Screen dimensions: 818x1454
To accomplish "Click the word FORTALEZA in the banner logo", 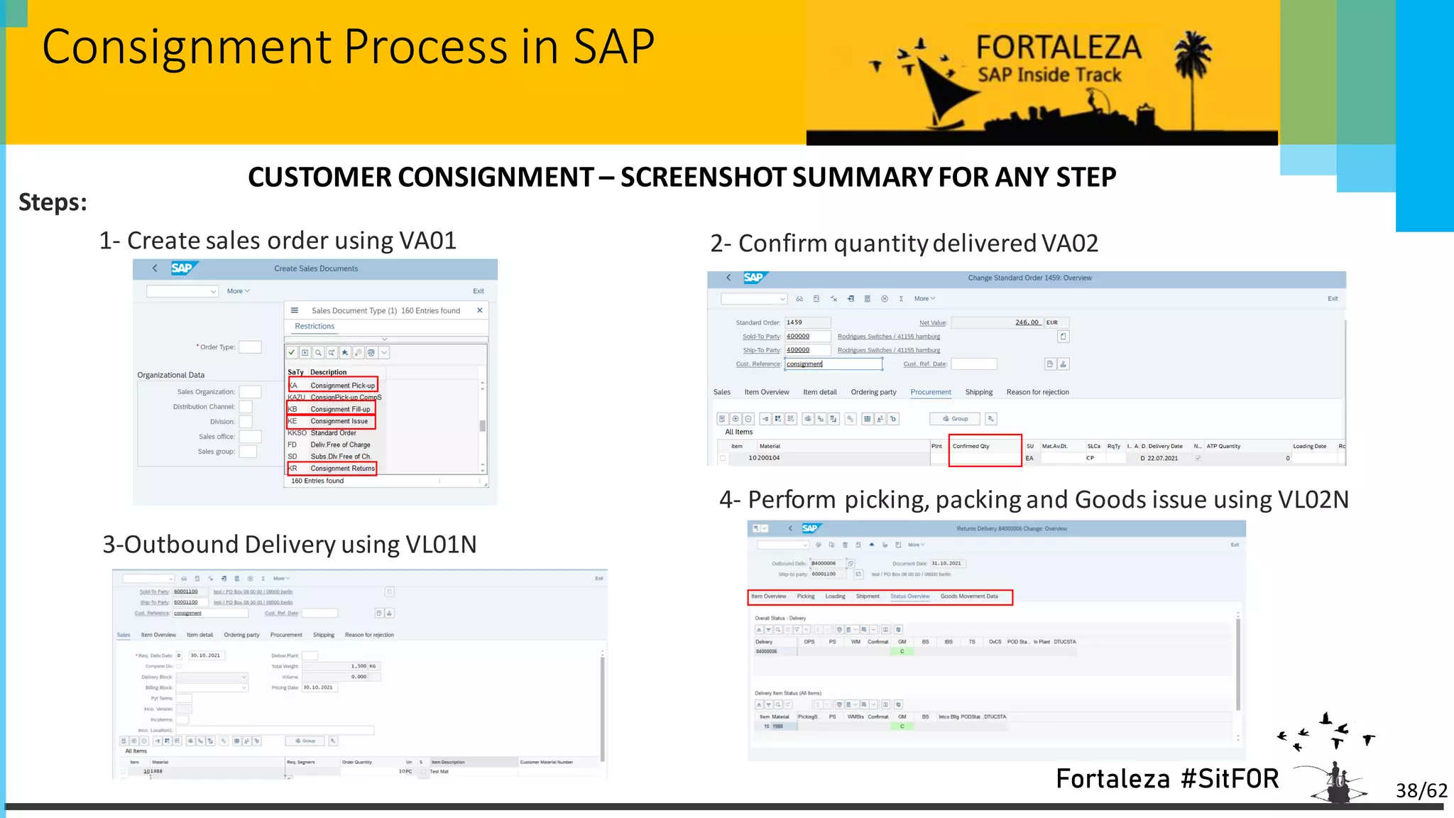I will [x=1058, y=48].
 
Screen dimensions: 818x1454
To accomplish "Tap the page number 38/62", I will [x=1421, y=790].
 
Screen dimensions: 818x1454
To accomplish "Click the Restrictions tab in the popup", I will [x=315, y=327].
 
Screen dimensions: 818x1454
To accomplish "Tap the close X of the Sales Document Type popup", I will [x=480, y=310].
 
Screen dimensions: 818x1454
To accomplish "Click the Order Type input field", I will [x=250, y=347].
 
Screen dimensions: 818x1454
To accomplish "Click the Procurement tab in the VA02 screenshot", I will [x=931, y=392].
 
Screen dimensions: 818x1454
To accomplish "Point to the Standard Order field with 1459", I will [x=807, y=322].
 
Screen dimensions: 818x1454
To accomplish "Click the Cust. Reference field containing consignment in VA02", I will [x=833, y=364].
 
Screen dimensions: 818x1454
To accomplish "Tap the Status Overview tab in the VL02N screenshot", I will [x=909, y=596].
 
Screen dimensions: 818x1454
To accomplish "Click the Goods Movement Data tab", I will [x=969, y=596].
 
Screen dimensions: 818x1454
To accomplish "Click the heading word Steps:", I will [x=53, y=202].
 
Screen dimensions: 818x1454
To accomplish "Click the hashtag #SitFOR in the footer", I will [x=1230, y=779].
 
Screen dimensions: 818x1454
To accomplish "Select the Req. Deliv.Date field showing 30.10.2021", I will [x=206, y=655].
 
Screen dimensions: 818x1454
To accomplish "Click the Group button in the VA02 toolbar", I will [x=955, y=419].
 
